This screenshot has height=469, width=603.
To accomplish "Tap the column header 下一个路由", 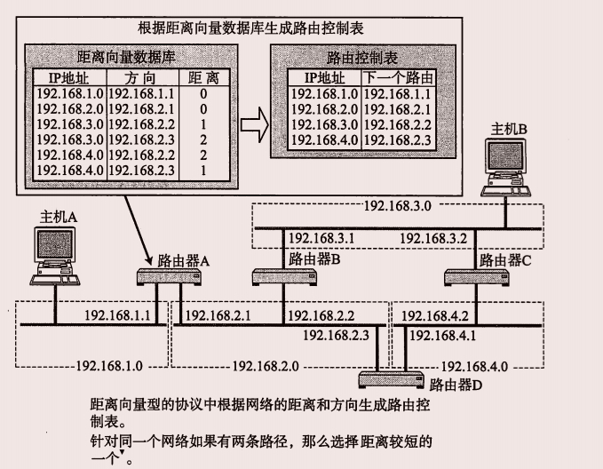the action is [x=397, y=78].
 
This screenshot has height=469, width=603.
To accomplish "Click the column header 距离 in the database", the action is [x=203, y=77].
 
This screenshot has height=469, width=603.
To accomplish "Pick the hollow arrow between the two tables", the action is [x=254, y=121].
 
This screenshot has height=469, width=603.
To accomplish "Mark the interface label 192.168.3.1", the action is [x=321, y=238].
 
